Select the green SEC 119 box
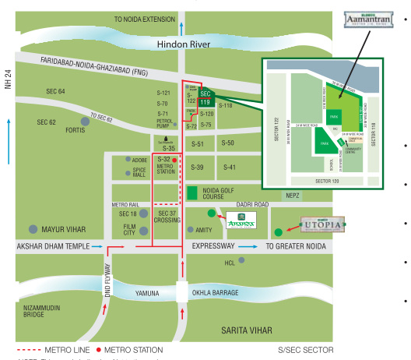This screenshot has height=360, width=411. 205,98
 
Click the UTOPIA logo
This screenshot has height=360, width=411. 321,226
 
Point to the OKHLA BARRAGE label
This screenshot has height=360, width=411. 220,294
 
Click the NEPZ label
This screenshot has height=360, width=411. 292,196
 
